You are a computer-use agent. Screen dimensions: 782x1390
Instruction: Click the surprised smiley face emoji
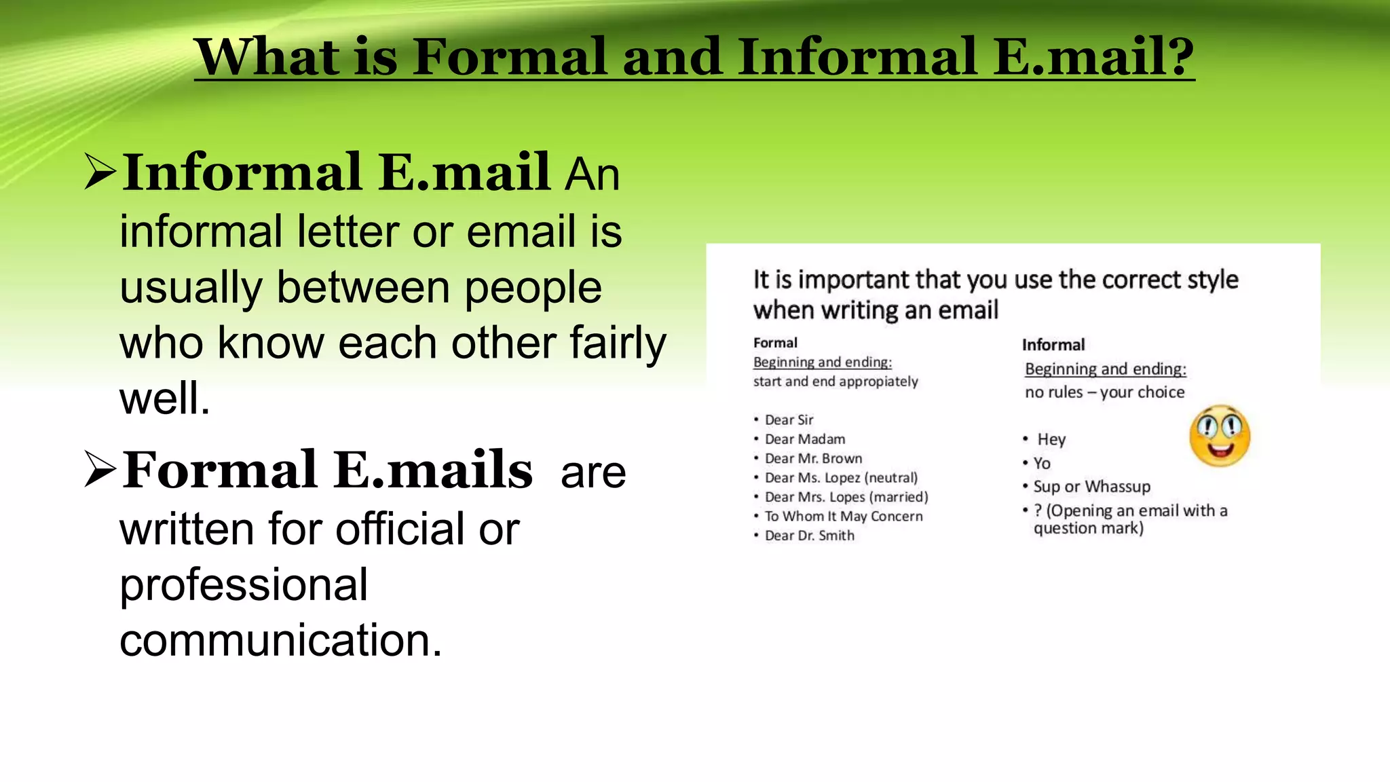pyautogui.click(x=1220, y=436)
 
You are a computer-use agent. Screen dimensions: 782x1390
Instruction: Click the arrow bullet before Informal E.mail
pyautogui.click(x=100, y=171)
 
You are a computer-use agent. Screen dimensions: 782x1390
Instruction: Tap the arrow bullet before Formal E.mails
pyautogui.click(x=100, y=469)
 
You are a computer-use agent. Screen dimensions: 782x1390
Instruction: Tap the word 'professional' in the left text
pyautogui.click(x=244, y=584)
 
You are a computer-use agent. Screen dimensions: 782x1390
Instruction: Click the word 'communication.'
pyautogui.click(x=280, y=640)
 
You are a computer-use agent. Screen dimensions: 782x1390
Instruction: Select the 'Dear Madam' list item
pyautogui.click(x=804, y=439)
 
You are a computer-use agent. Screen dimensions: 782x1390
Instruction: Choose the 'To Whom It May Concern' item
pyautogui.click(x=843, y=516)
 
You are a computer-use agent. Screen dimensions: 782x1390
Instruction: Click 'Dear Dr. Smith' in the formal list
pyautogui.click(x=809, y=536)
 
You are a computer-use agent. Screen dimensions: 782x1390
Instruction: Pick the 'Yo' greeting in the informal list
pyautogui.click(x=1042, y=464)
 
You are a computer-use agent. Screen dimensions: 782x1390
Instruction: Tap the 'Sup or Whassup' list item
pyautogui.click(x=1091, y=487)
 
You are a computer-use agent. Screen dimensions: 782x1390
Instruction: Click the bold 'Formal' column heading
pyautogui.click(x=775, y=343)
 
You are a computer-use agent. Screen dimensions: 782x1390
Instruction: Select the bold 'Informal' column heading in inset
pyautogui.click(x=1053, y=345)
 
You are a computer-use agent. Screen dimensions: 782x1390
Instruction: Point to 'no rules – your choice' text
pyautogui.click(x=1104, y=392)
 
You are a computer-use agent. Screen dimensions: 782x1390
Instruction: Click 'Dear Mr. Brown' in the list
pyautogui.click(x=813, y=458)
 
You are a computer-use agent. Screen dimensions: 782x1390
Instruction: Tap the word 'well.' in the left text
pyautogui.click(x=165, y=398)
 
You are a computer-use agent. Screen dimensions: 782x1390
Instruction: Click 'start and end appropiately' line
pyautogui.click(x=835, y=381)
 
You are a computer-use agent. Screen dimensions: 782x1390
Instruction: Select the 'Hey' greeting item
pyautogui.click(x=1051, y=440)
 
